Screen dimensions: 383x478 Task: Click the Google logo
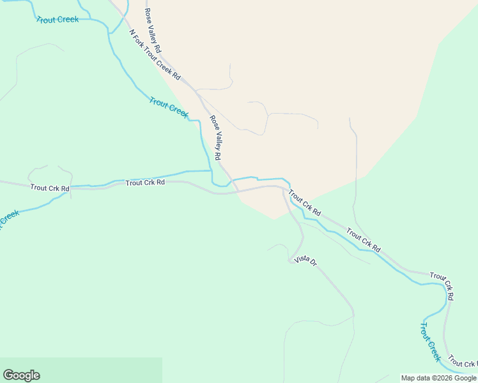point(21,375)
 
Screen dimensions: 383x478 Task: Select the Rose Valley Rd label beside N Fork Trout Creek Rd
point(153,30)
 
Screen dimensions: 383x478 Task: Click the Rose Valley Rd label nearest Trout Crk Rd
point(216,137)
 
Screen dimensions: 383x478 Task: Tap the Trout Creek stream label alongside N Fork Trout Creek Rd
point(169,107)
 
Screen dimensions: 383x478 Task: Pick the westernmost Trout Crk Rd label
point(49,188)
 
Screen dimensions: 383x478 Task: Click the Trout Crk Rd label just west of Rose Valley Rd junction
point(145,183)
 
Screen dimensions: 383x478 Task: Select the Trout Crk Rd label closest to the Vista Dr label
point(304,202)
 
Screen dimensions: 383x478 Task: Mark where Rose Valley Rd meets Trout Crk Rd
point(237,190)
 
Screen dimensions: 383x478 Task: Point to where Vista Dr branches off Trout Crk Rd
point(284,188)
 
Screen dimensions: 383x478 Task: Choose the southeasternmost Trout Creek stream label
point(430,342)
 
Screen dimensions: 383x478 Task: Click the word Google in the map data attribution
point(461,379)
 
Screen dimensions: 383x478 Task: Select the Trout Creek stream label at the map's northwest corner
point(58,20)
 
